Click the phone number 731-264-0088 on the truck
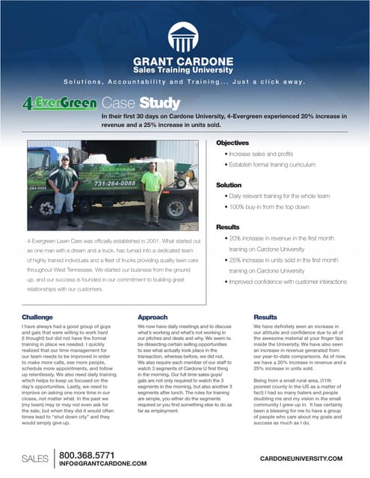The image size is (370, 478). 113,183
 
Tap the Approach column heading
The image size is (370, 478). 152,317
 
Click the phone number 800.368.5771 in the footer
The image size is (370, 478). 87,455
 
